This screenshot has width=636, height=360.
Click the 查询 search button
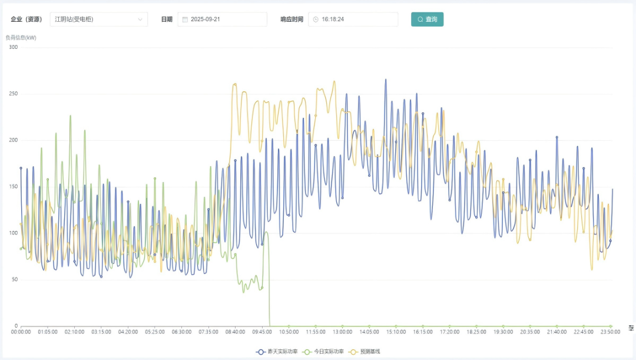[427, 19]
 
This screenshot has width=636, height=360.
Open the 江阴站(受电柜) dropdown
[98, 19]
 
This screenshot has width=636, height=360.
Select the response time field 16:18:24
[353, 19]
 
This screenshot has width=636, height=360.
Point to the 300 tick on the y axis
[13, 47]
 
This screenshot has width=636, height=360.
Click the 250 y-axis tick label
[13, 94]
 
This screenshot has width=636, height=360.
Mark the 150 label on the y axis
[13, 187]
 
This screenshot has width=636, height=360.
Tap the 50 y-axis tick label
[14, 280]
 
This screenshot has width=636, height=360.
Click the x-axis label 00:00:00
[21, 332]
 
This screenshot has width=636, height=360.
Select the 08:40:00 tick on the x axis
[235, 332]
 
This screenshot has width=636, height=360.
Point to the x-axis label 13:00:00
[342, 332]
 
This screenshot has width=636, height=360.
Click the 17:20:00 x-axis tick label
[449, 332]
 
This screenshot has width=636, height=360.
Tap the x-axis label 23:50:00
[610, 332]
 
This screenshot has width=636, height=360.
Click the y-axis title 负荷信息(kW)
[21, 38]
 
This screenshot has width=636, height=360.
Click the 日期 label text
[167, 19]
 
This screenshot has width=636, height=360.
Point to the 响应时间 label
[292, 19]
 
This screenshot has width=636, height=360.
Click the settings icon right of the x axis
[631, 328]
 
